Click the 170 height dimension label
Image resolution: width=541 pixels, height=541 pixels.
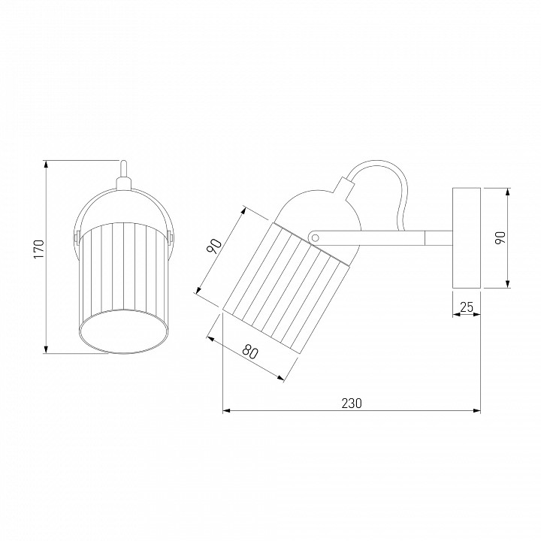39,249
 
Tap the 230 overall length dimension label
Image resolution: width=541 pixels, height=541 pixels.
352,403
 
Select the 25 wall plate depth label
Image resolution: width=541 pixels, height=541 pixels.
467,307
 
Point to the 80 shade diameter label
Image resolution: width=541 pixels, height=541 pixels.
250,351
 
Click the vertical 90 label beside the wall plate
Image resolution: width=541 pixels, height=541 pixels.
500,237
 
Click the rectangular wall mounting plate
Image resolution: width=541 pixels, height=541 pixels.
467,237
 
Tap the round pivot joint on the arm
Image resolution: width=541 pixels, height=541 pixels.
314,237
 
